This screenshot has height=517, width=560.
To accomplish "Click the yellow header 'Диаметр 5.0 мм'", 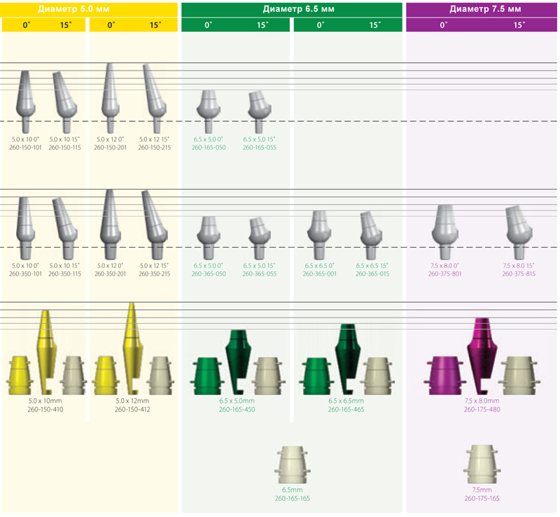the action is tap(73, 9).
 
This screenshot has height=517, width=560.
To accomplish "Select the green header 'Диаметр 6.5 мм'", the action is tap(299, 9).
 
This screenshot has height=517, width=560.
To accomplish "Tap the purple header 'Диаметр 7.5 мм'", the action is tap(485, 9).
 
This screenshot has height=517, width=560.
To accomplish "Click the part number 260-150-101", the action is tap(25, 148).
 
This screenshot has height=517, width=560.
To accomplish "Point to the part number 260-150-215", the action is tap(154, 148).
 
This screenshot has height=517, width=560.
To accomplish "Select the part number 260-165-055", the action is tap(260, 148).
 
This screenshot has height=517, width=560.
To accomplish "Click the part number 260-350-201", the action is tap(111, 274).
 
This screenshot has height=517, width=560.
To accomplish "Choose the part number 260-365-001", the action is tap(320, 274).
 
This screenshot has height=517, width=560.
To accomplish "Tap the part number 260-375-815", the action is tap(519, 274).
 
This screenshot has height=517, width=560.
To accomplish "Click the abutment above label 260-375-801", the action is tap(445, 232).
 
